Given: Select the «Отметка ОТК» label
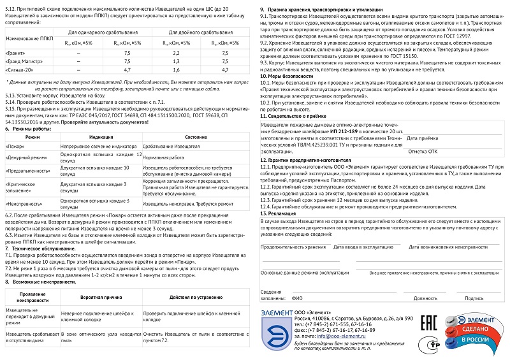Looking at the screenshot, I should (x=423, y=152).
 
